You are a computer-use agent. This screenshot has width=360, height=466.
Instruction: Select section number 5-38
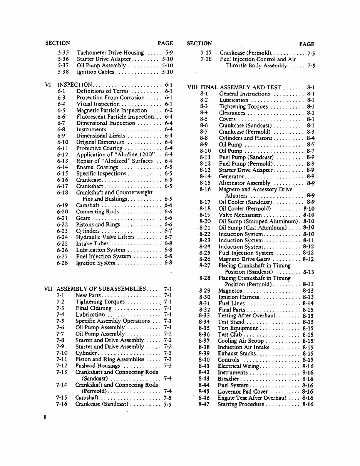[x=63, y=72]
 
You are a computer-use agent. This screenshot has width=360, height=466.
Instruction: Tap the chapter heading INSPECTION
[x=74, y=85]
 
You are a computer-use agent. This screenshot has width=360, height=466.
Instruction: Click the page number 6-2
[x=168, y=110]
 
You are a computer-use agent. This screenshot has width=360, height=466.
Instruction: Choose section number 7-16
[x=62, y=404]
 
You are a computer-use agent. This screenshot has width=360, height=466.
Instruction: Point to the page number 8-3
[x=311, y=132]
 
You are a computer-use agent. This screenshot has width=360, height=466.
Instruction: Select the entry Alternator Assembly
[x=244, y=183]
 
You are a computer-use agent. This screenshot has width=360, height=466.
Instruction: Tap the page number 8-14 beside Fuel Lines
[x=308, y=303]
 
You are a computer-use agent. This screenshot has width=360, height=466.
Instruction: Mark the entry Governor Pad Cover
[x=242, y=392]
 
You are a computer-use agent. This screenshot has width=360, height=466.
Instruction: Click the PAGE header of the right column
[x=306, y=44]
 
